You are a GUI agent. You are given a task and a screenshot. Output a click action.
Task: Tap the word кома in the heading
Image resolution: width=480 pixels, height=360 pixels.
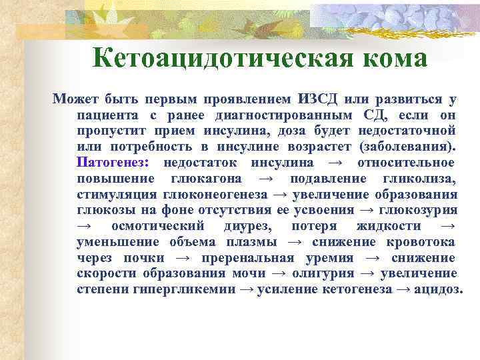pyautogui.click(x=393, y=59)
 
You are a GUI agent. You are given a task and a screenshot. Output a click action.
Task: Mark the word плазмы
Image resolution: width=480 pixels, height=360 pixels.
pyautogui.click(x=255, y=243)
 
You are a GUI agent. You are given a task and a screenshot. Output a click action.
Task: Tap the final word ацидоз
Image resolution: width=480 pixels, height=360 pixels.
pyautogui.click(x=436, y=291)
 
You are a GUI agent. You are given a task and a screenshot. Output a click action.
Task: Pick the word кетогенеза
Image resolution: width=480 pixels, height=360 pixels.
pyautogui.click(x=356, y=291)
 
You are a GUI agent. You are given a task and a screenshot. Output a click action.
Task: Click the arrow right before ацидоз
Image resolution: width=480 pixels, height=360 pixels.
pyautogui.click(x=401, y=291)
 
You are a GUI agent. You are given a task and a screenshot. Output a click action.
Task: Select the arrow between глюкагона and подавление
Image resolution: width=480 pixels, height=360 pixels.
pyautogui.click(x=265, y=179)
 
